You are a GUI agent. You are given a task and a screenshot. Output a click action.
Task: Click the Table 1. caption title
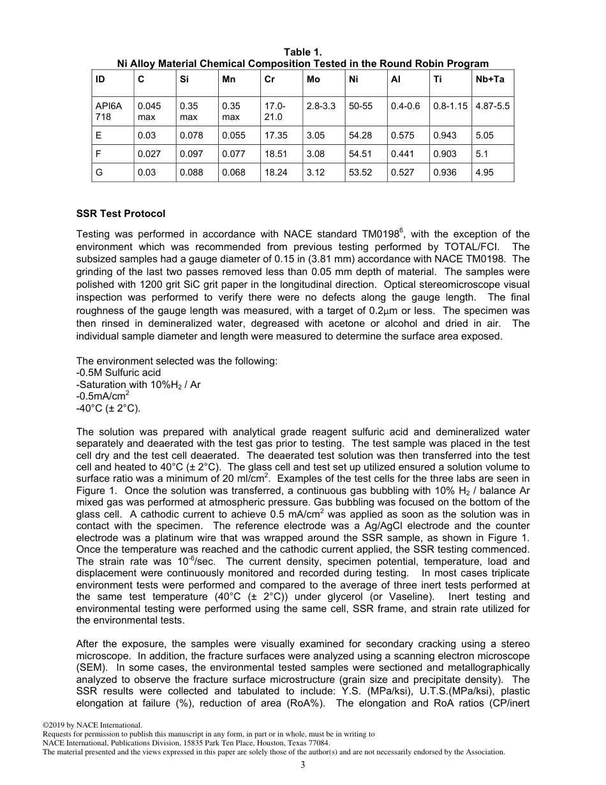[x=303, y=52]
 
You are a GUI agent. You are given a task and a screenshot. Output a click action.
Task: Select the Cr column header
[x=270, y=79]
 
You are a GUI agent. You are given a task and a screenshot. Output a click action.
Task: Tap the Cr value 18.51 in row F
[x=276, y=154]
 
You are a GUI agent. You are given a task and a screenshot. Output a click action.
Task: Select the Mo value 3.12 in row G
[x=315, y=172]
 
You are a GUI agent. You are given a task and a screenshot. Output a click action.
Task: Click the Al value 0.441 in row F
[x=402, y=154]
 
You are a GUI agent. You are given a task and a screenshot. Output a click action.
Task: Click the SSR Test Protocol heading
[x=121, y=214]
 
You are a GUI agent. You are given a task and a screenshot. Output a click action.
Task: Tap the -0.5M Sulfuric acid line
[x=119, y=372]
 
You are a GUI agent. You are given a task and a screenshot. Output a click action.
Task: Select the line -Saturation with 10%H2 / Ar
[x=138, y=385]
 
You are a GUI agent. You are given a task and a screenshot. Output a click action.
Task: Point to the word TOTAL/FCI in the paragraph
[x=480, y=247]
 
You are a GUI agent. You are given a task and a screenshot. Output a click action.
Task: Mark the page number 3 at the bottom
[x=303, y=764]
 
